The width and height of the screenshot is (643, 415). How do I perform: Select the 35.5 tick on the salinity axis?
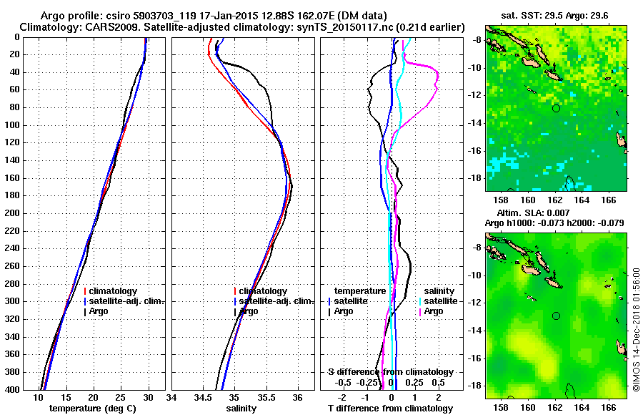point(266,398)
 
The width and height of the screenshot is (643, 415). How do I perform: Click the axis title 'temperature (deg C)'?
point(92,408)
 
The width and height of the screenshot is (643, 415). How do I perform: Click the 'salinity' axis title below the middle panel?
point(241,408)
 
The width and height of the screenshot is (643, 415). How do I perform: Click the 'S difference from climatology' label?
point(391,372)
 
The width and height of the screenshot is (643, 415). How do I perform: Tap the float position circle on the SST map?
point(556,108)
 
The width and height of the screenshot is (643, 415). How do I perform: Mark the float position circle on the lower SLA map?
point(556,316)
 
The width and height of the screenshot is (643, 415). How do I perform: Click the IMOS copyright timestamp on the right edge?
point(636,329)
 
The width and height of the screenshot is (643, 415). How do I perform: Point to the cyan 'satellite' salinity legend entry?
point(441,301)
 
